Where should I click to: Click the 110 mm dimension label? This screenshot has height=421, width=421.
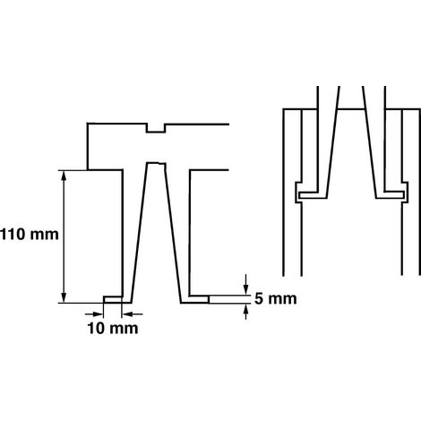click(x=30, y=235)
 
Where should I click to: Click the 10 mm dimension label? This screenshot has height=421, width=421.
click(x=113, y=329)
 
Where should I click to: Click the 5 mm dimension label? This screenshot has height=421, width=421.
click(x=276, y=299)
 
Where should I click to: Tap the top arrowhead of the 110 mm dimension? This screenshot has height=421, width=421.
click(x=64, y=176)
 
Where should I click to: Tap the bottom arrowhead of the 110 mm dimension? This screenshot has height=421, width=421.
click(x=64, y=297)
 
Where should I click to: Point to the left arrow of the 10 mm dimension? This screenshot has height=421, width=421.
click(x=94, y=314)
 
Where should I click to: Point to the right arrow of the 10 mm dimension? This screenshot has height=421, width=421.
click(x=133, y=314)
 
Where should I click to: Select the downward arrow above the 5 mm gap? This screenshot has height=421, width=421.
click(x=245, y=284)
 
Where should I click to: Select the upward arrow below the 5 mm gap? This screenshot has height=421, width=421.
click(x=245, y=312)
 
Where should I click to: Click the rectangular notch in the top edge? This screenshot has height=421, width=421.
click(x=156, y=128)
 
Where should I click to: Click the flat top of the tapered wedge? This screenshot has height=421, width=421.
click(x=156, y=163)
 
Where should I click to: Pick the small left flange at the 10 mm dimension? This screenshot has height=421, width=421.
click(x=113, y=299)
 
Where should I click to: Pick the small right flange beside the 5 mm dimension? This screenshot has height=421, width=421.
click(x=199, y=299)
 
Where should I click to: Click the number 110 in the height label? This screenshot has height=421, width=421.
click(x=13, y=235)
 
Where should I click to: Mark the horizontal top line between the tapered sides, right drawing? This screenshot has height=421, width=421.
click(x=351, y=109)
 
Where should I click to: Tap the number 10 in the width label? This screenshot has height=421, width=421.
click(x=96, y=329)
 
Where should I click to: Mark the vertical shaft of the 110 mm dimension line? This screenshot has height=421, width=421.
click(x=64, y=236)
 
